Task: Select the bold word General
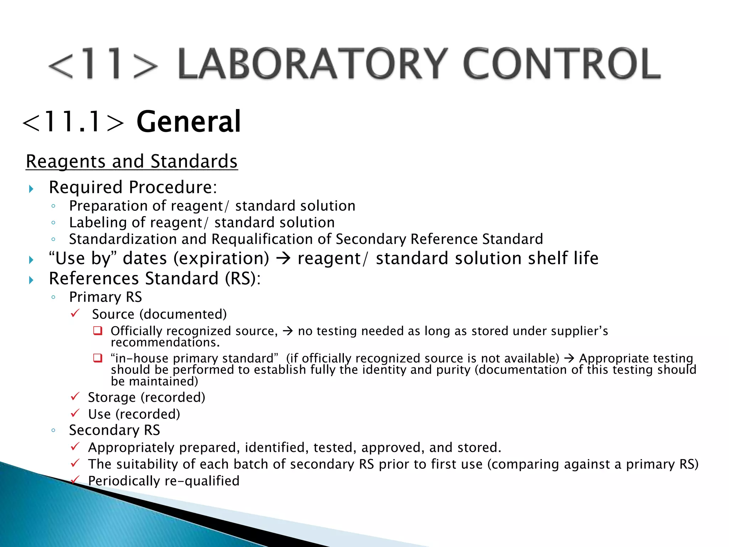189,122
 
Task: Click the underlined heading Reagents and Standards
132,161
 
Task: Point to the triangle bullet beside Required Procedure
31,188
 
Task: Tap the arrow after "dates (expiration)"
283,258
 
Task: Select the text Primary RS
105,297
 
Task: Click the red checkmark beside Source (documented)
75,313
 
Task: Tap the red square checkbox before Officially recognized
98,331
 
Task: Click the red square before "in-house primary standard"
98,358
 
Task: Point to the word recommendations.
165,343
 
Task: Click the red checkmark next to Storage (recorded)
75,396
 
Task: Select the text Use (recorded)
134,414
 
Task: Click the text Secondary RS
114,430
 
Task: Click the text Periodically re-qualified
164,481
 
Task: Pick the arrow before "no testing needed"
288,331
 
